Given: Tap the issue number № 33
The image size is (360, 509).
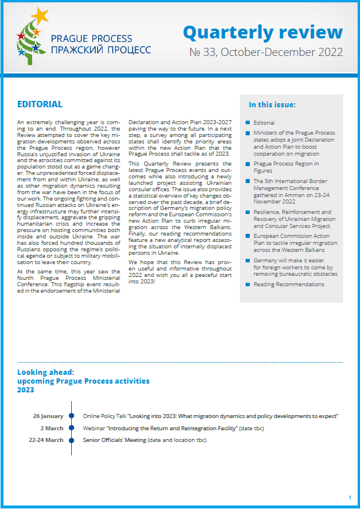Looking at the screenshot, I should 202,52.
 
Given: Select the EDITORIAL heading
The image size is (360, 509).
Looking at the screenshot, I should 40,104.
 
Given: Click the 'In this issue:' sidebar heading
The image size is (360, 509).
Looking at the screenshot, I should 272,105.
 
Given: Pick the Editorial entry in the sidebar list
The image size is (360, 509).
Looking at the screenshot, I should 264,123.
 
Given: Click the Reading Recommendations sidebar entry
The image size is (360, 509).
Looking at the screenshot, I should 289,285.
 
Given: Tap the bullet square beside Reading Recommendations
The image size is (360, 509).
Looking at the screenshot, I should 248,285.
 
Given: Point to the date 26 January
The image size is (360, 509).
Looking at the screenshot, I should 48,416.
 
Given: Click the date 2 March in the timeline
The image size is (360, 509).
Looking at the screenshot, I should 53,428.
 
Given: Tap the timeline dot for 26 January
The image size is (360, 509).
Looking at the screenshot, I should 71,416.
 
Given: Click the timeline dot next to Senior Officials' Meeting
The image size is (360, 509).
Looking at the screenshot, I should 71,440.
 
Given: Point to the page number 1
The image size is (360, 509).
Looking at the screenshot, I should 349,497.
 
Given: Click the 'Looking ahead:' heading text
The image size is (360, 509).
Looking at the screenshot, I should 46,371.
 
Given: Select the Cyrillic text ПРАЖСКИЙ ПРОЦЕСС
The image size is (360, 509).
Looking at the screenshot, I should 101,50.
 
